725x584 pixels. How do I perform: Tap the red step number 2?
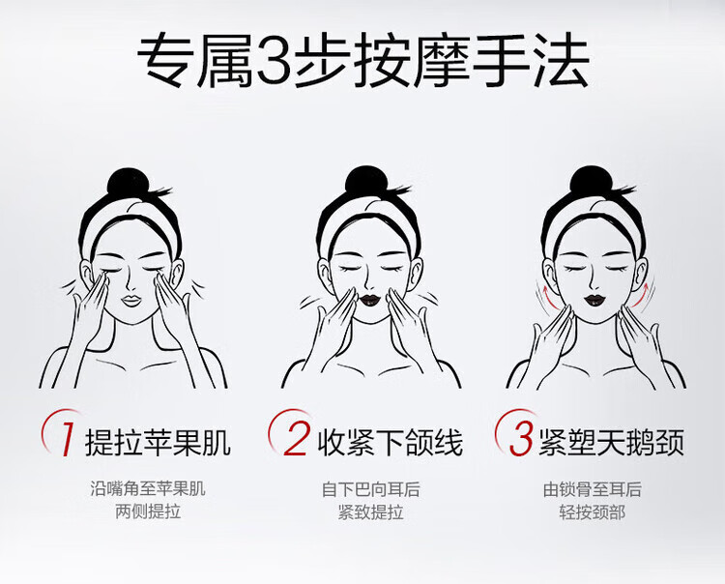[x=295, y=438]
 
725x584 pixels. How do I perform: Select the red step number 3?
[x=521, y=438]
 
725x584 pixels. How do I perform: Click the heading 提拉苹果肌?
[x=158, y=443]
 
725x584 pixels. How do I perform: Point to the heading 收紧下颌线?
[x=390, y=443]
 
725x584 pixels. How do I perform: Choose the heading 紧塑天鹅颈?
[x=611, y=443]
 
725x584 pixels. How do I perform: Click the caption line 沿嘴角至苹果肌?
[x=148, y=488]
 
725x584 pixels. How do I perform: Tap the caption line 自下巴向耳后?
[x=371, y=489]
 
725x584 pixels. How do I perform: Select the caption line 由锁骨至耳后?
[x=593, y=489]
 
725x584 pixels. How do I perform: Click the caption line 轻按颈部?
[x=593, y=512]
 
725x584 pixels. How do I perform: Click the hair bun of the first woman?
[x=128, y=182]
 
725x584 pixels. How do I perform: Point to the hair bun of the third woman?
[x=591, y=181]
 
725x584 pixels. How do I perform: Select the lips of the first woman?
[x=131, y=300]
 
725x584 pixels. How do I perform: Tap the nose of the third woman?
[x=592, y=283]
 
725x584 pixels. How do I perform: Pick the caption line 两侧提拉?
[x=148, y=511]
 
